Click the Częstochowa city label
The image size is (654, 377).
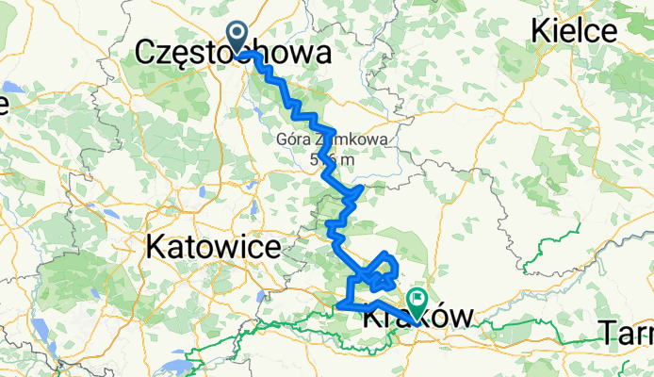(233, 53)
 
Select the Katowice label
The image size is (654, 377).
(214, 248)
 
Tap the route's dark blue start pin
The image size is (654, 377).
(237, 36)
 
